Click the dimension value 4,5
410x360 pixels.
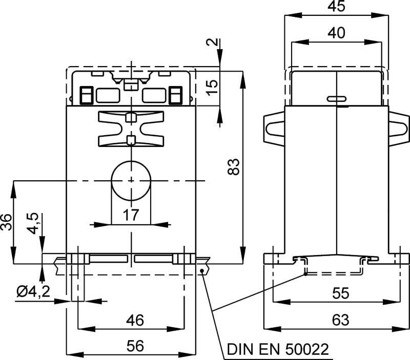32,224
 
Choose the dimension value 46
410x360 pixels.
135,321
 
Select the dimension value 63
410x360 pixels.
340,320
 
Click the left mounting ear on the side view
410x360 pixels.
273,130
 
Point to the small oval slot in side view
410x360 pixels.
336,99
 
